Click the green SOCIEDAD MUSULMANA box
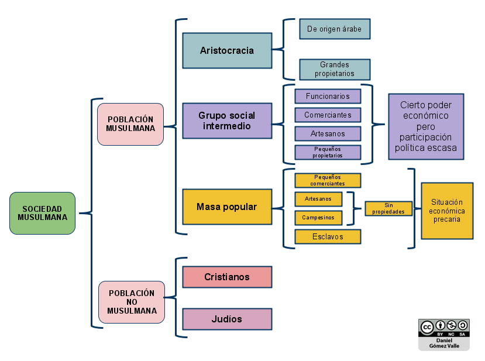point(42,213)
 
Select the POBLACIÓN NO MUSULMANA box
point(132,302)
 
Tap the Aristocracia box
point(227,51)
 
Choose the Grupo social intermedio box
point(227,121)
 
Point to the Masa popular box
point(227,207)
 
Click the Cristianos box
point(227,277)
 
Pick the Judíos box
point(227,319)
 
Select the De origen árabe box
point(335,29)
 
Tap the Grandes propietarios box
point(335,69)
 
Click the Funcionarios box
point(328,96)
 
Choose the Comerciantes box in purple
point(328,115)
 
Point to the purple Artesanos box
point(328,133)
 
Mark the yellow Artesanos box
point(318,199)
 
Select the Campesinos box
point(318,218)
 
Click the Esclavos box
point(328,236)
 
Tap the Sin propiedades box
point(388,208)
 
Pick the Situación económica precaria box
point(447,211)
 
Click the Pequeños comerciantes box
point(328,180)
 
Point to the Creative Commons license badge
point(443,328)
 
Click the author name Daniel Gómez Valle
point(443,343)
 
